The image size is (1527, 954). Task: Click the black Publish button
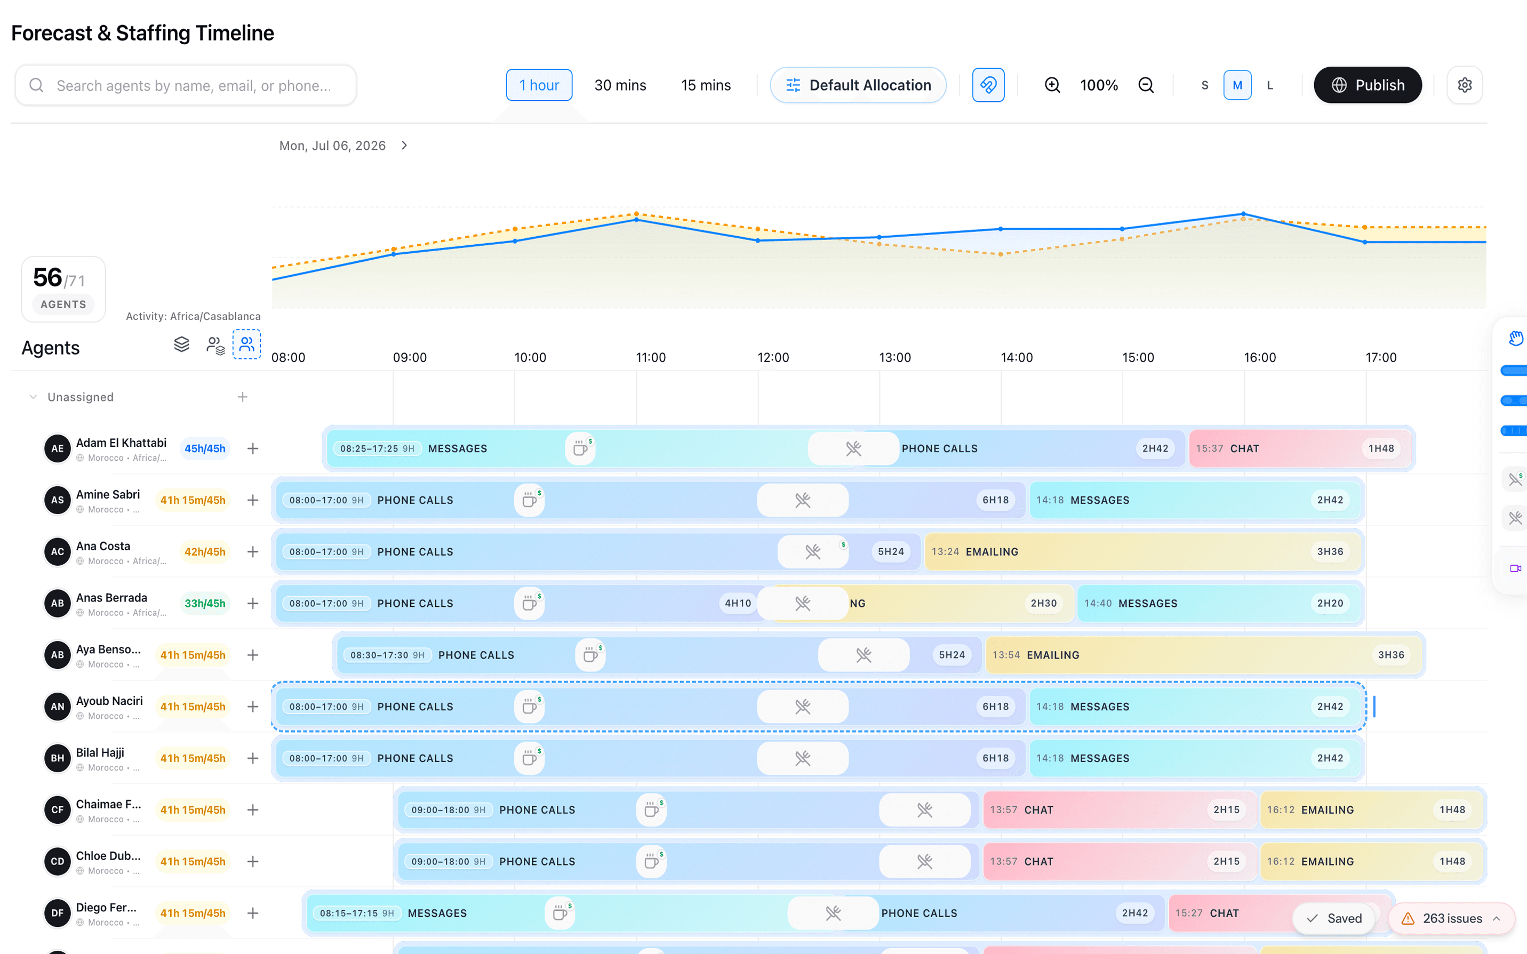pos(1368,85)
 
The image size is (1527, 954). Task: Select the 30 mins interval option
pos(620,85)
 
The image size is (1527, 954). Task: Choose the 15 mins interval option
pos(706,85)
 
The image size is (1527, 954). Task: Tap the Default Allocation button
pos(858,85)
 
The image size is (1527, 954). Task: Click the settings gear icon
pos(1465,85)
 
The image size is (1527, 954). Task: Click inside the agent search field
pos(186,85)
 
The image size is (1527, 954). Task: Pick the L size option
pos(1270,85)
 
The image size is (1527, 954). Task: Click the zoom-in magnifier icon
pos(1052,85)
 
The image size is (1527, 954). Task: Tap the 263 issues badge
pos(1451,918)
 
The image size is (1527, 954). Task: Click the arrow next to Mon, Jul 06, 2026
pos(404,146)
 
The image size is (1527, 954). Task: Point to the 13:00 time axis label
pos(895,358)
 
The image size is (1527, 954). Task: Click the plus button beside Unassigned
pos(242,397)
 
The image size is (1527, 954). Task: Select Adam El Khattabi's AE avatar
pos(58,448)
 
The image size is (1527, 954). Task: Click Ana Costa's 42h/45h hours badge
pos(204,552)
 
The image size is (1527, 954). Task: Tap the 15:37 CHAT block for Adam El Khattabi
pos(1299,448)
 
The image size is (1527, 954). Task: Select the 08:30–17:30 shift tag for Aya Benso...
pos(387,655)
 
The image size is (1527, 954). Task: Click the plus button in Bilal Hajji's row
pos(252,758)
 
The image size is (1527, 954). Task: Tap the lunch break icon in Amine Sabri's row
pos(803,500)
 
